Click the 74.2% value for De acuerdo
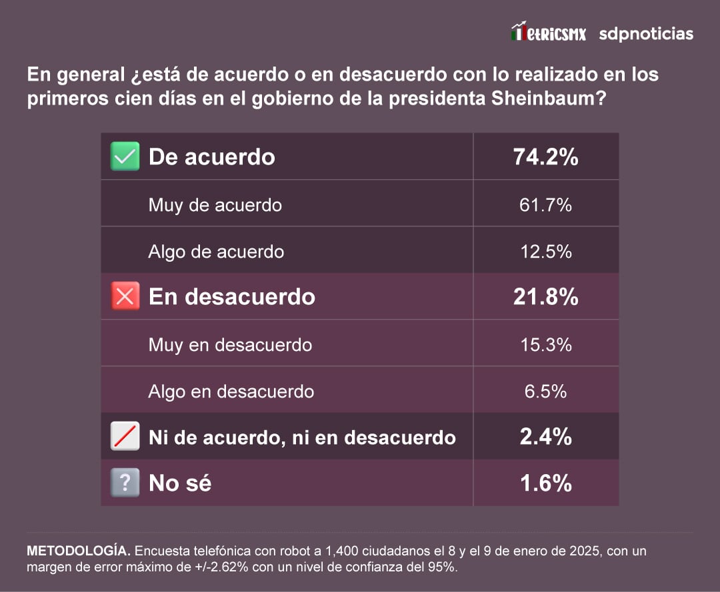[x=545, y=157]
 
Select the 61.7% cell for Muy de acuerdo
[x=545, y=204]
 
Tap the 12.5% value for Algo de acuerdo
[x=545, y=251]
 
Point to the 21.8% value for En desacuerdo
[x=545, y=297]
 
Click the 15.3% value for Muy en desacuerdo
[x=545, y=344]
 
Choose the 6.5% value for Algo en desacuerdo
[x=545, y=391]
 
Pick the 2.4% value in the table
[x=545, y=437]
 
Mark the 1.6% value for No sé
[x=545, y=483]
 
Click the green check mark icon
[x=125, y=156]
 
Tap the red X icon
[x=125, y=296]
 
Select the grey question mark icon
[x=125, y=483]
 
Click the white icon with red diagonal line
[x=125, y=437]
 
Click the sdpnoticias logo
[x=645, y=33]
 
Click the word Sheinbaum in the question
[x=547, y=99]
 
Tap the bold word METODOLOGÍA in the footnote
[x=78, y=551]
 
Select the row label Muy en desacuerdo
[x=230, y=344]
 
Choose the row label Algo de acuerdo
[x=216, y=251]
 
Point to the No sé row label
[x=180, y=483]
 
